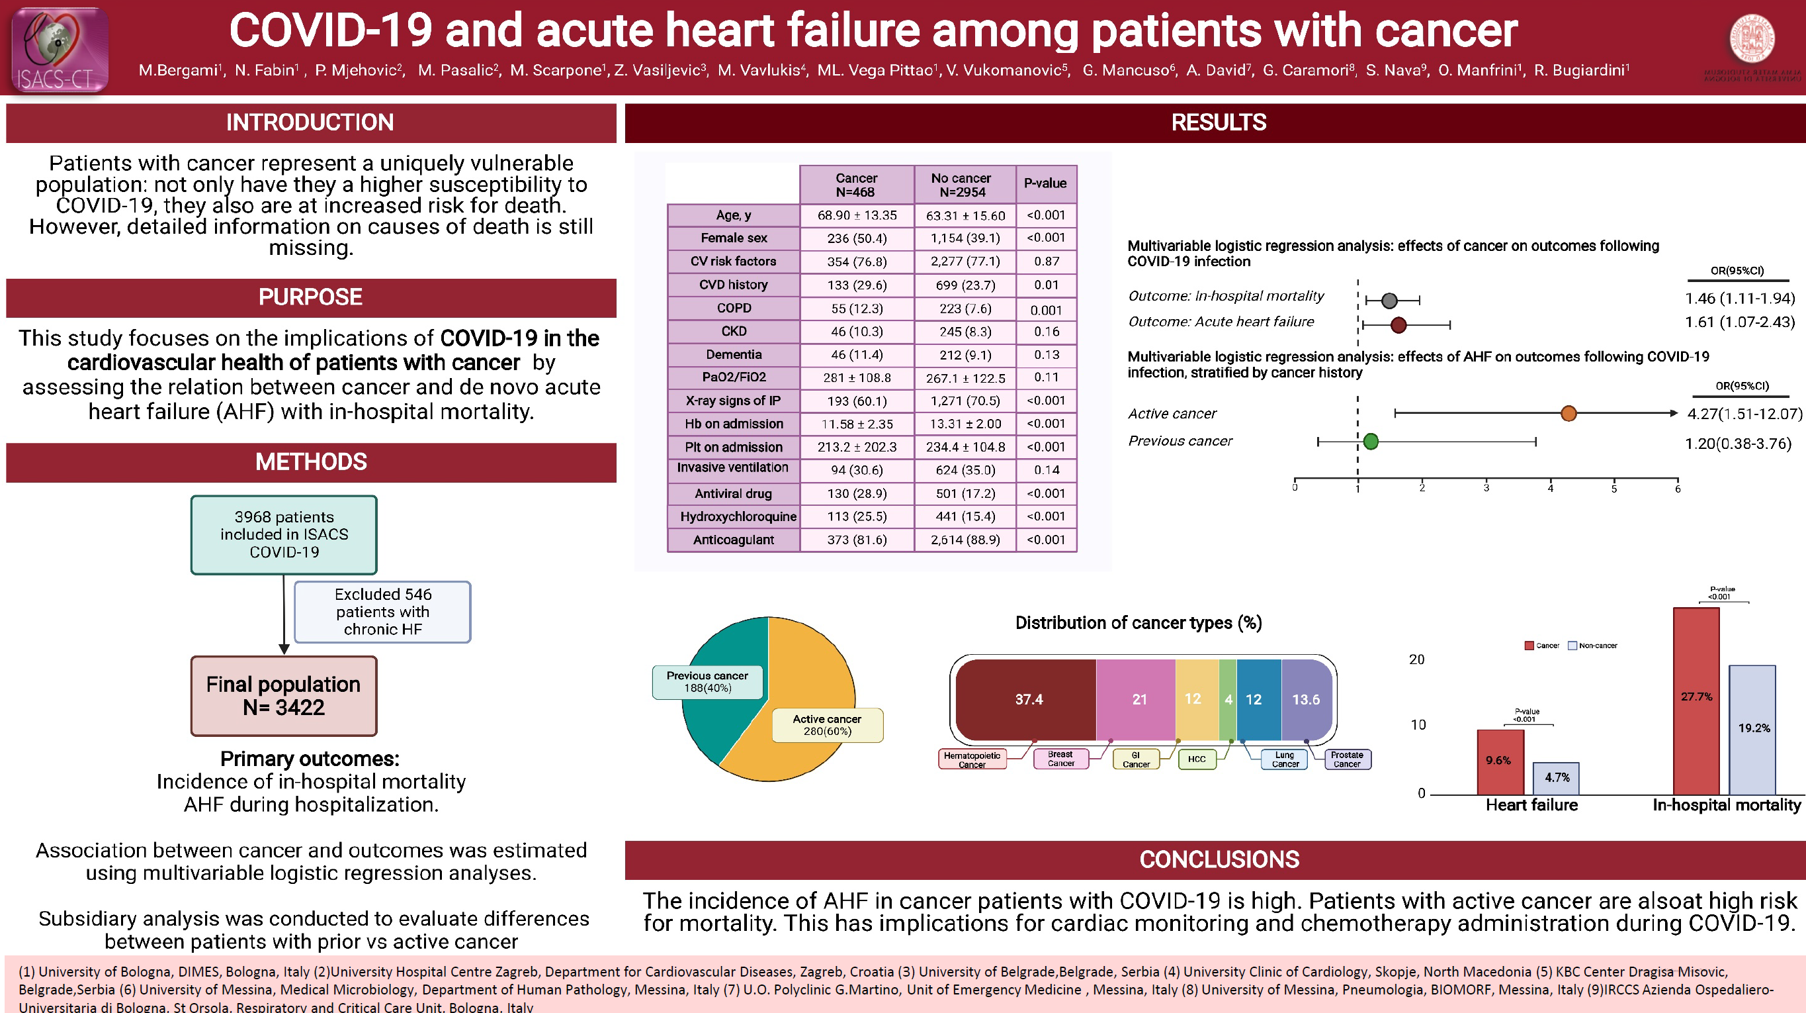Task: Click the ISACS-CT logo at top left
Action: pyautogui.click(x=60, y=49)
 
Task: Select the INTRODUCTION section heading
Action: pyautogui.click(x=310, y=122)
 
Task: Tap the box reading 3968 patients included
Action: pyautogui.click(x=284, y=534)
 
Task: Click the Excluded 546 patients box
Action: pyautogui.click(x=382, y=612)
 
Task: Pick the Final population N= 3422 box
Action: pyautogui.click(x=284, y=695)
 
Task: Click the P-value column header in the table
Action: pyautogui.click(x=1045, y=184)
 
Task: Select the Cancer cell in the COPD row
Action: pyautogui.click(x=857, y=309)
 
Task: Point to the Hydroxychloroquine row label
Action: pyautogui.click(x=738, y=517)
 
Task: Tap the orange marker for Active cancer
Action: pyautogui.click(x=1569, y=413)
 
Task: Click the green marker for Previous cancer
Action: pyautogui.click(x=1371, y=441)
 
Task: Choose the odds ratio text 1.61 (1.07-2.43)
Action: pyautogui.click(x=1739, y=322)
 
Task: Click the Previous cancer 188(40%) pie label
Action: pyautogui.click(x=707, y=682)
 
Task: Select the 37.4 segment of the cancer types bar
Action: pyautogui.click(x=1028, y=699)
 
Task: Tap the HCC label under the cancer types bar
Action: pyautogui.click(x=1197, y=759)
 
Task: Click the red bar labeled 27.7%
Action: pyautogui.click(x=1696, y=702)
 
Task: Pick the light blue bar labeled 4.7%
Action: pyautogui.click(x=1556, y=778)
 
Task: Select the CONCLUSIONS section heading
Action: pyautogui.click(x=1219, y=860)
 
